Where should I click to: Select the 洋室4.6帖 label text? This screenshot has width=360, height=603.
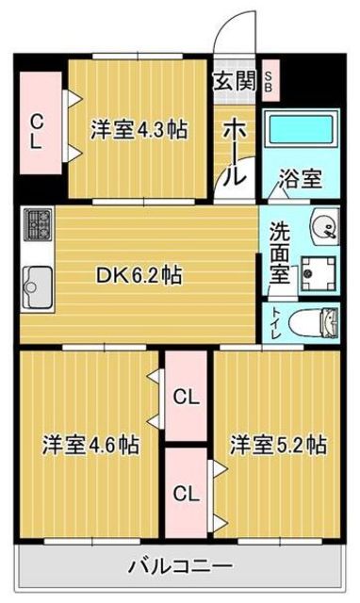pos(90,445)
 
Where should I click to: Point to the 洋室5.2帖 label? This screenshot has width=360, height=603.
pos(279,444)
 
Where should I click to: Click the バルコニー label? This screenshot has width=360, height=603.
pos(180,566)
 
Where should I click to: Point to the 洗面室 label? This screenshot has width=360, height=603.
pos(280,251)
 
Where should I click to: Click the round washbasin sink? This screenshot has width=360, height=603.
pos(322,225)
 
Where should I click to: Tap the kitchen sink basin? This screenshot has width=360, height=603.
pos(38,283)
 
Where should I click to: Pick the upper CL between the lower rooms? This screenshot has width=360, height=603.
pos(186,398)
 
